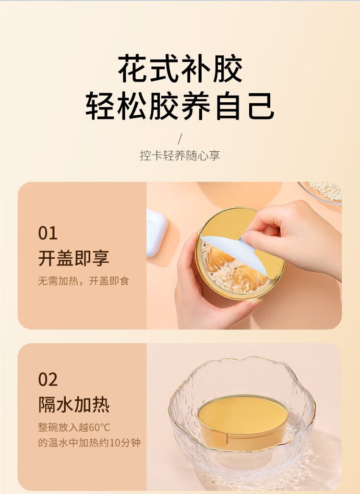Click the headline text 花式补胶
coord(180,68)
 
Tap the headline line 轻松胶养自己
coord(180,106)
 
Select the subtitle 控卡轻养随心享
coord(180,156)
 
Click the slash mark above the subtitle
coord(180,139)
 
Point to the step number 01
coord(48,233)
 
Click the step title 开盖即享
coord(74,258)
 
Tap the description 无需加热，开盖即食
coord(84,281)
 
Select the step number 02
coord(48,380)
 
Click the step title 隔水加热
coord(74,404)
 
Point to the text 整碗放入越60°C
coord(74,428)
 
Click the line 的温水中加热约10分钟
coord(89,443)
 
